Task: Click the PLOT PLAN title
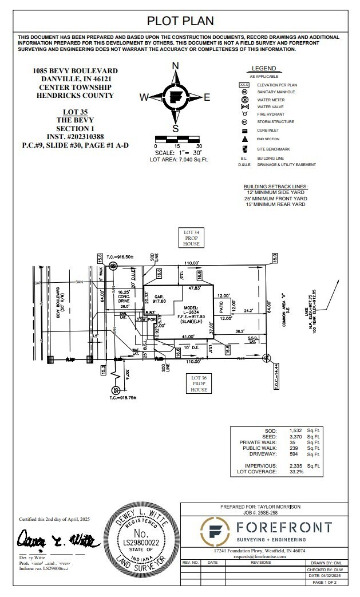point(180,21)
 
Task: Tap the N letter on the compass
point(176,65)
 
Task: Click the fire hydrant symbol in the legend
point(244,114)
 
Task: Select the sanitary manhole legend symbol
point(244,92)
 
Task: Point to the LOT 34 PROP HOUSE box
point(191,238)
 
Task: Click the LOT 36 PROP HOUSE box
point(199,383)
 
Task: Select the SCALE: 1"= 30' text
point(179,153)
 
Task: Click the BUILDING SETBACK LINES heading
point(275,187)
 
